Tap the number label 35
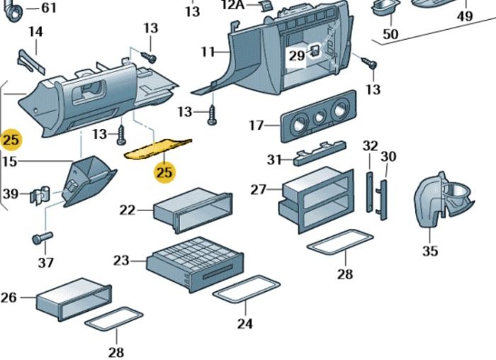(430, 251)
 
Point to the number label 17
(256, 125)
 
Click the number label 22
(127, 210)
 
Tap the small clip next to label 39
(41, 194)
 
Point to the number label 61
(47, 8)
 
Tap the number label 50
(390, 34)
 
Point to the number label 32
(370, 146)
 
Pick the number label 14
(35, 32)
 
